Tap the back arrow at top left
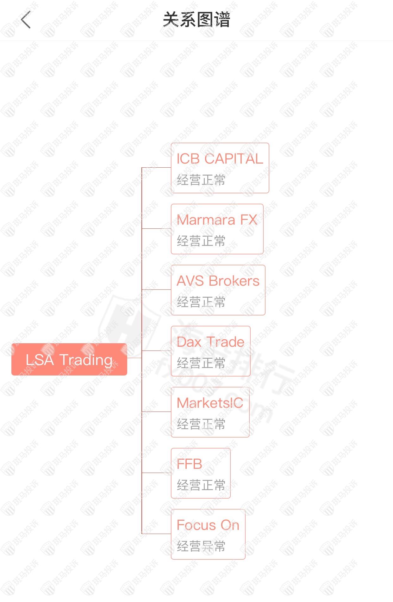click(26, 20)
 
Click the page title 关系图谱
click(196, 20)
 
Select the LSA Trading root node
click(69, 359)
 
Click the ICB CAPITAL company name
click(220, 159)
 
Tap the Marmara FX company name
click(217, 220)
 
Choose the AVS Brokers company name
click(218, 281)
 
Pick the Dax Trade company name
click(210, 342)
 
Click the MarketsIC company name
click(210, 403)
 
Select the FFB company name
click(189, 464)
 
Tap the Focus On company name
click(208, 525)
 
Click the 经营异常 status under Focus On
click(201, 546)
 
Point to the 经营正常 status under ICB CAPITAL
click(201, 180)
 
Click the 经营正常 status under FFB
click(201, 485)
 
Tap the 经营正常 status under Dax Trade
click(201, 363)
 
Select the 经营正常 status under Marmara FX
click(201, 241)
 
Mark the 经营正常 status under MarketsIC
click(201, 424)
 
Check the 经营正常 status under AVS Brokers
click(201, 302)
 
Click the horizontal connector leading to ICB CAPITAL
click(156, 167)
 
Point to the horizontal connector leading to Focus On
click(156, 534)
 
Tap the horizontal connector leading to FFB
click(156, 473)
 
